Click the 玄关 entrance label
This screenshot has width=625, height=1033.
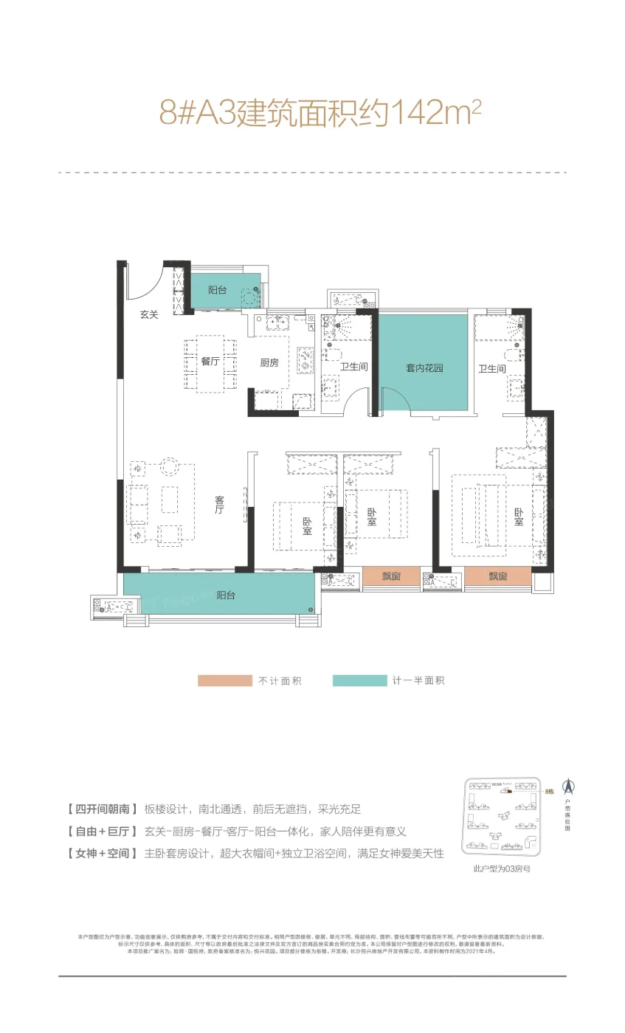tap(150, 314)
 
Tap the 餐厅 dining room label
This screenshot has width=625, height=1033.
tap(210, 362)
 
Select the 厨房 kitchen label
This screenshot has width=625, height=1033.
tap(269, 362)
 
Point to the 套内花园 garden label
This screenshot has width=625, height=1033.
tap(424, 367)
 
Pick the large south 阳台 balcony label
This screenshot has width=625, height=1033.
tap(226, 595)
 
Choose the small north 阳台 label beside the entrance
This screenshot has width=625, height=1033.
tap(217, 291)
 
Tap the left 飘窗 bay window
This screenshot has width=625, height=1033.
tap(391, 576)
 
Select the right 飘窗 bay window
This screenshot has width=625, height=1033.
tap(497, 576)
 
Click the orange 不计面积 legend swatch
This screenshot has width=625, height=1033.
tap(224, 680)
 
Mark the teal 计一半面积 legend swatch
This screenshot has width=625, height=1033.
tap(359, 680)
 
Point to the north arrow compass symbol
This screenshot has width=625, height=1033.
tap(570, 787)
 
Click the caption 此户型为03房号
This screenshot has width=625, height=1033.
tap(502, 868)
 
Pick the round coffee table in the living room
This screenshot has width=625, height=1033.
tap(169, 466)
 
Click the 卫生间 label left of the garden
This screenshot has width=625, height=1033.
tap(353, 367)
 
